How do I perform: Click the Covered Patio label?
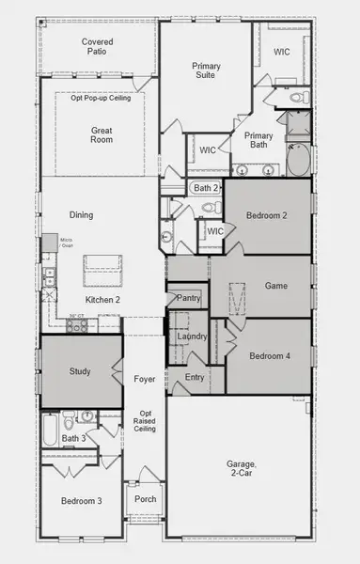click(98, 46)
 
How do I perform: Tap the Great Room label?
click(102, 134)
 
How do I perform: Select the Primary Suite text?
click(206, 70)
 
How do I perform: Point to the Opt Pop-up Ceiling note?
click(102, 99)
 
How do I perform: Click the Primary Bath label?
click(258, 141)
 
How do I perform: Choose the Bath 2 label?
click(205, 188)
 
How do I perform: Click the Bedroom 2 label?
click(266, 215)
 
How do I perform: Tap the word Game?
click(275, 286)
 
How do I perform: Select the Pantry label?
click(189, 298)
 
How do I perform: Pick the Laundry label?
click(192, 336)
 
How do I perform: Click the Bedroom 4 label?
click(270, 356)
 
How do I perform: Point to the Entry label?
click(195, 377)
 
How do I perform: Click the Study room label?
click(80, 371)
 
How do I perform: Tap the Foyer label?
click(144, 380)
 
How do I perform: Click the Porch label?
click(145, 499)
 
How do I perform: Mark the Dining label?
click(81, 215)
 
